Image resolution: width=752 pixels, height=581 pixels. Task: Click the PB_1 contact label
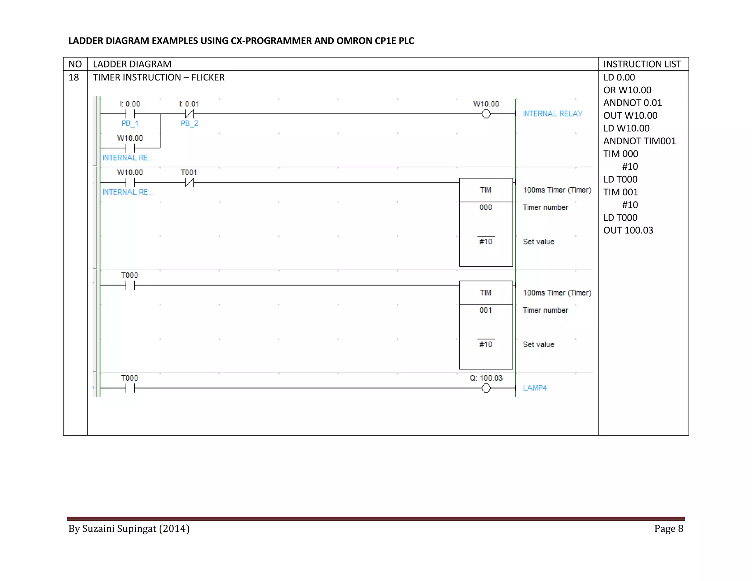130,123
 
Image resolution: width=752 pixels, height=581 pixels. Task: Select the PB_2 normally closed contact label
189,123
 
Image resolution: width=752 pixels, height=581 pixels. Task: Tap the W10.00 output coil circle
486,114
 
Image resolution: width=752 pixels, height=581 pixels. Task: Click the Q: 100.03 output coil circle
486,388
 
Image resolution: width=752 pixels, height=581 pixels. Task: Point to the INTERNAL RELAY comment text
553,113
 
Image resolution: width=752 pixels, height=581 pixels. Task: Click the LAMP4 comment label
535,388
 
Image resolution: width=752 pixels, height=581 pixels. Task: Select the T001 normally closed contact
189,182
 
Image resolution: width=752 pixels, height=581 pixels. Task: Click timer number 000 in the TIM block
485,207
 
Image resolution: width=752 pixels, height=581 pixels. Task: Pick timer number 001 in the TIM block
485,310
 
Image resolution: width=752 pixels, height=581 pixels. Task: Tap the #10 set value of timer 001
485,344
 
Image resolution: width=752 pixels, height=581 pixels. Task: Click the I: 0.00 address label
130,104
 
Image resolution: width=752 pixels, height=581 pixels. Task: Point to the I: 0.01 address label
189,104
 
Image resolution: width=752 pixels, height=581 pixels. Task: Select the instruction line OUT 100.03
628,230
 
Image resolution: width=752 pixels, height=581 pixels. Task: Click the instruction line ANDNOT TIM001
639,141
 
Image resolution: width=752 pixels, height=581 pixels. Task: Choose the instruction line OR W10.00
627,90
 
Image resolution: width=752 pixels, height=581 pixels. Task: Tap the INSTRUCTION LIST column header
642,64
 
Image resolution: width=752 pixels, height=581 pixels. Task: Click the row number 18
74,77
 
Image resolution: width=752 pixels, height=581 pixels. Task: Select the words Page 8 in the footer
668,528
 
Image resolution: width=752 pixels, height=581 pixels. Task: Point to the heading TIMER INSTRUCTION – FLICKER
159,77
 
